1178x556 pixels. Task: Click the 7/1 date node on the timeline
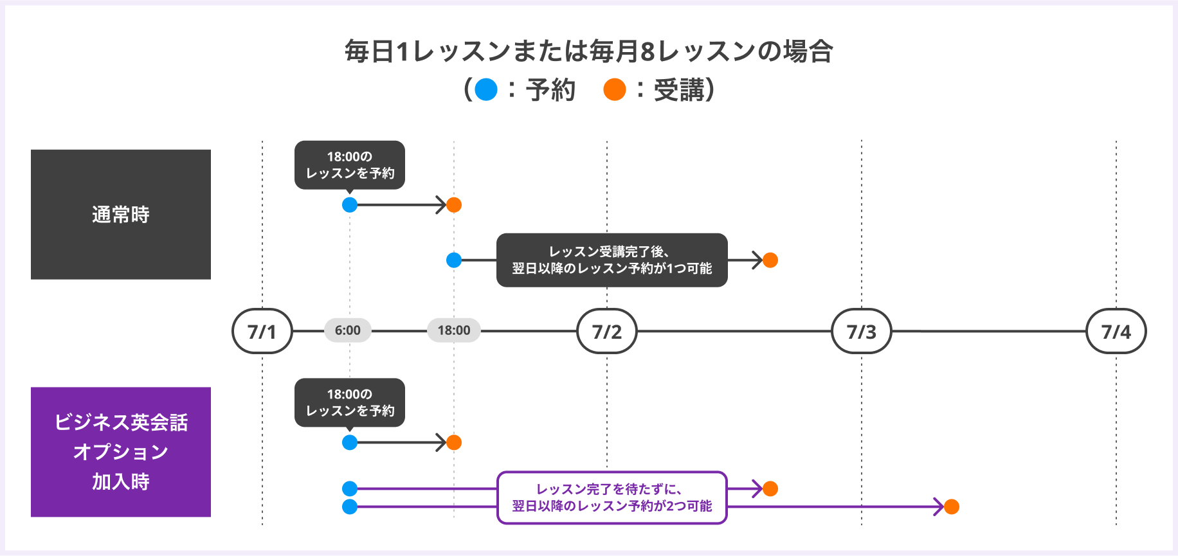click(262, 331)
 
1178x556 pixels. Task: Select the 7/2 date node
click(607, 331)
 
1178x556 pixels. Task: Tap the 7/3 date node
click(862, 331)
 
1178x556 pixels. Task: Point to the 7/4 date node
click(1116, 331)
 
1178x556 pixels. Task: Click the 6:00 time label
click(348, 330)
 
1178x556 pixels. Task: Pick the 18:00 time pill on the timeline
click(454, 330)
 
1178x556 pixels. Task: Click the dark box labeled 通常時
click(121, 215)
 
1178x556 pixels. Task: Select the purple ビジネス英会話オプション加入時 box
click(121, 452)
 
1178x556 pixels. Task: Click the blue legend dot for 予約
click(486, 89)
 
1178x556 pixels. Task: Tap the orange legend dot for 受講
click(615, 89)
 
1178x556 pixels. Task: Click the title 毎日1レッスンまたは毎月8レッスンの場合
click(589, 51)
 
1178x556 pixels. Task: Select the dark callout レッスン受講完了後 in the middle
click(612, 260)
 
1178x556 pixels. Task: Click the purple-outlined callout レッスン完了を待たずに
click(612, 498)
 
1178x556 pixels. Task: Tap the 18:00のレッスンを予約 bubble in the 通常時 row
click(350, 165)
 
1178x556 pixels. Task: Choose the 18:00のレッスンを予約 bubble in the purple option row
click(350, 403)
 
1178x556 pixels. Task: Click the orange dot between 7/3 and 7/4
click(952, 507)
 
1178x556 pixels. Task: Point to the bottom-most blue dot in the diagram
click(350, 507)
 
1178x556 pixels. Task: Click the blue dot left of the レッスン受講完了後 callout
click(454, 260)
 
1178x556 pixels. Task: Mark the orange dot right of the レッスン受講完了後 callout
click(770, 260)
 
